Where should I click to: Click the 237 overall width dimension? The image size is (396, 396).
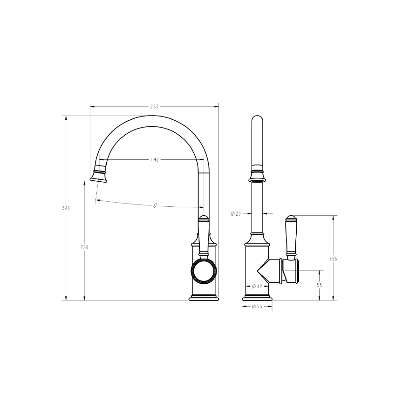tap(154, 107)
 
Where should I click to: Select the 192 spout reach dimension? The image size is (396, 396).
tap(155, 160)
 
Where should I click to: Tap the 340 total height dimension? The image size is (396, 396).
tap(66, 208)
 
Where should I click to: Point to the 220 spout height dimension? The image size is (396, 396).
tap(84, 247)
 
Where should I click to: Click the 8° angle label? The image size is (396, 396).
tap(155, 205)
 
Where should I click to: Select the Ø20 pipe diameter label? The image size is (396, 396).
tap(236, 214)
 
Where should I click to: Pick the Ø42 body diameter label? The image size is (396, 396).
tap(257, 286)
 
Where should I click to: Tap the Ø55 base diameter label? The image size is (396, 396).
tap(257, 307)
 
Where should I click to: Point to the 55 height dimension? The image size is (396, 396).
tap(320, 284)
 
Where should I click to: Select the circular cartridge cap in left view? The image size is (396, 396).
tap(204, 271)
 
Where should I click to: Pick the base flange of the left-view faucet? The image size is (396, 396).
tap(204, 297)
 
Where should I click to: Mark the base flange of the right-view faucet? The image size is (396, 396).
tap(257, 297)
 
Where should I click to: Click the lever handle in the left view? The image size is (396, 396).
tap(204, 236)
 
